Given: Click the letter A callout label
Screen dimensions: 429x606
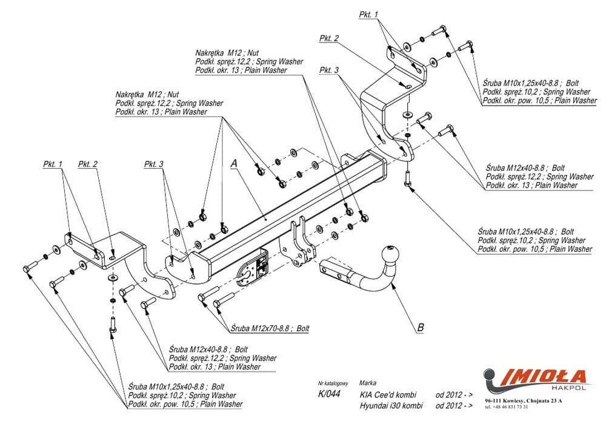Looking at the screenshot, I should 233,163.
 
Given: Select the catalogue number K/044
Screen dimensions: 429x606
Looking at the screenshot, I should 329,394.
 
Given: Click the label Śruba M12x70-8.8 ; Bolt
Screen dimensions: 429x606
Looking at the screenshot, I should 270,328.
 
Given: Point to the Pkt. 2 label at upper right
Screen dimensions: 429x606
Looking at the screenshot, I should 329,39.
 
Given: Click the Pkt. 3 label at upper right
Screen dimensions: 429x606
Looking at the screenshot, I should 329,70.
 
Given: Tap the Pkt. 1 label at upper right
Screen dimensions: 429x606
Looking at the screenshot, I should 368,14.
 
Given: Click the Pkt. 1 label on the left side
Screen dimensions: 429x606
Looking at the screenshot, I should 53,164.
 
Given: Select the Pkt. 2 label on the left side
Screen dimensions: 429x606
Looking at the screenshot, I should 88,164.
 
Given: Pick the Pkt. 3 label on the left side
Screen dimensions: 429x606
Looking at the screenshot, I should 154,164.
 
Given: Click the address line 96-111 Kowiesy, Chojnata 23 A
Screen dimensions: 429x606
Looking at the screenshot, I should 524,401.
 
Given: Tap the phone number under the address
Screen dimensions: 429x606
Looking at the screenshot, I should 507,407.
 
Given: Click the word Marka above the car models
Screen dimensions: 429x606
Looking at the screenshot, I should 367,383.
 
